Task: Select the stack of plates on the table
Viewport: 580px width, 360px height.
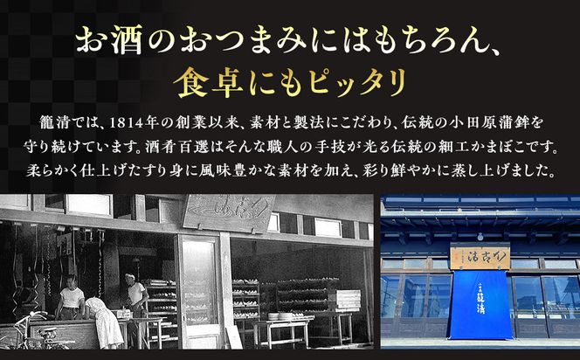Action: coord(281,315)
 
